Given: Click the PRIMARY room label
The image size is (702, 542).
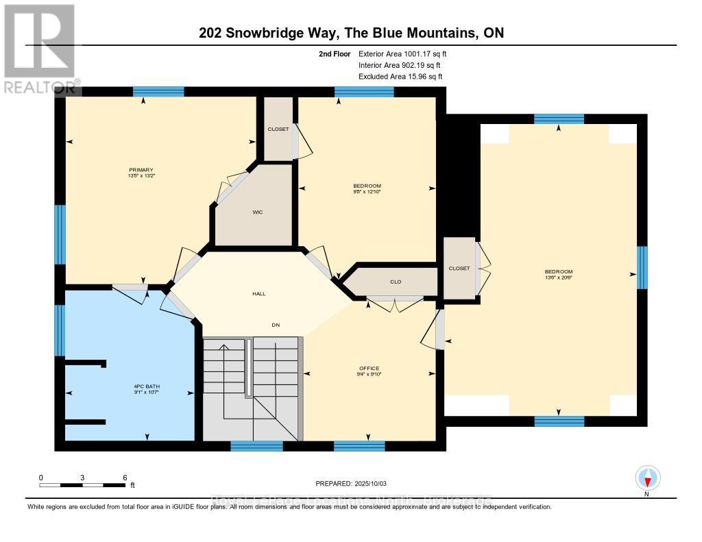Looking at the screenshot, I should pos(140,170).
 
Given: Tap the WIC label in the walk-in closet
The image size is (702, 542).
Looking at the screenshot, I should pos(258,212).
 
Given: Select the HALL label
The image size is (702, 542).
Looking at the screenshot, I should pos(258,294).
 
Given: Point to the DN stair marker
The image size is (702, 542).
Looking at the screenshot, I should pos(276,325).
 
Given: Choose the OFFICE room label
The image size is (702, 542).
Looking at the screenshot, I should pos(369,368).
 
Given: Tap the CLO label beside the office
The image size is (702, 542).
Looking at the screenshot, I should pos(395,281).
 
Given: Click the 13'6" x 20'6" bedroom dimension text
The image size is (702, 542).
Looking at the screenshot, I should pos(558,278).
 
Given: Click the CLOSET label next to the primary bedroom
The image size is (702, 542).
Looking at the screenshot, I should pos(278,129).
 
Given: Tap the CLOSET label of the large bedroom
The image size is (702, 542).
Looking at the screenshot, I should pos(459,268).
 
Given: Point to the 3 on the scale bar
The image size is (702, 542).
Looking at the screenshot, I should pos(82,477).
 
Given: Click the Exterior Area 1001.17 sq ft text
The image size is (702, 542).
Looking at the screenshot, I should pos(402,53).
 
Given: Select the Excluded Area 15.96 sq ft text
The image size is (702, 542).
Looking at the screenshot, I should pos(400,76).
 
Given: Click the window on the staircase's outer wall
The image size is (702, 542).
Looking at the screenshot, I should pos(256,446).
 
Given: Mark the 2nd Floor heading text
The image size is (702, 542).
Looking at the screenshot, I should pos(334,53).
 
